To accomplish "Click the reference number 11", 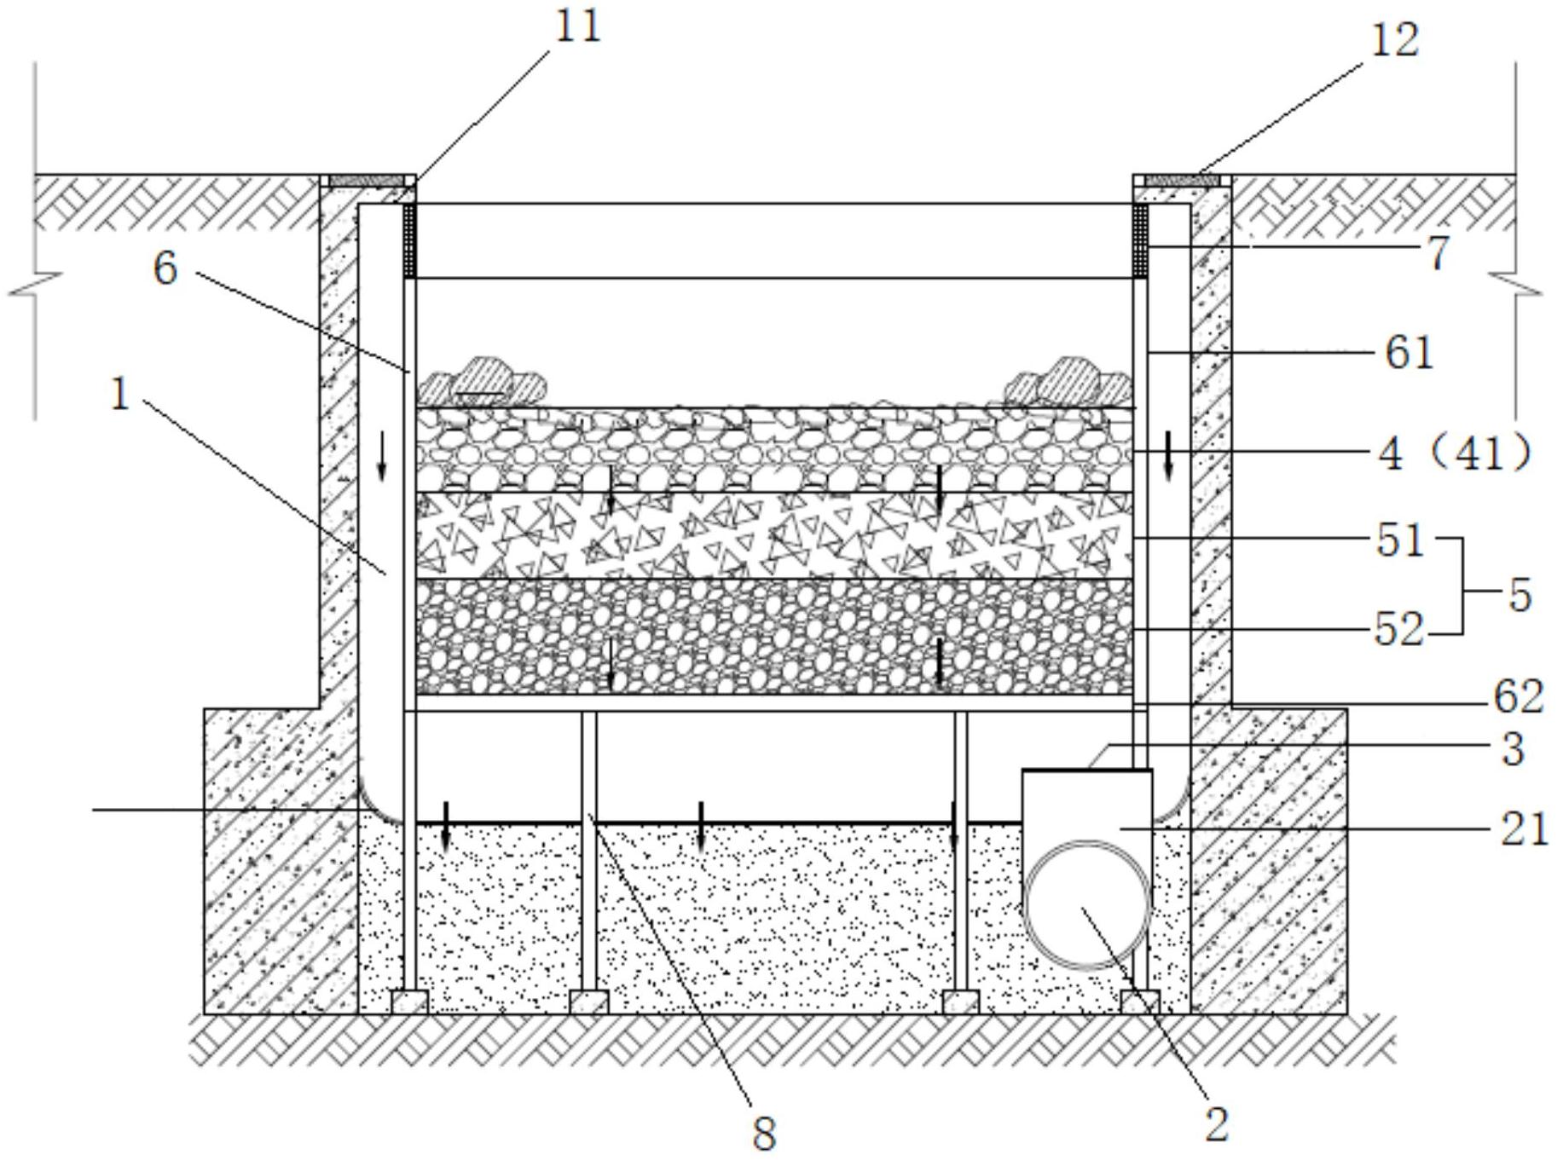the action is pos(578,26).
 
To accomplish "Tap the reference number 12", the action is pos(1395,40).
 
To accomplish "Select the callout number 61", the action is pos(1409,352).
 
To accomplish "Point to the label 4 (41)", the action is pos(1455,453).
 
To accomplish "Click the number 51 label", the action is pos(1399,540).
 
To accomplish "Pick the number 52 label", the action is pos(1399,631).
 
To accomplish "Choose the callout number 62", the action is pos(1518,697).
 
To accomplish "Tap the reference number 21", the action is pos(1524,828).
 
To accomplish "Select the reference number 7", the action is pos(1438,253).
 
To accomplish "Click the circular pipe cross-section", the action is pos(1087,904).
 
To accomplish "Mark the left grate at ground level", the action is pos(367,181).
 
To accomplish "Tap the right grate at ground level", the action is pos(1182,181).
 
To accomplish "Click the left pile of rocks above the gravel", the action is pos(482,383).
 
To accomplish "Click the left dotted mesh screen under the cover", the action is pos(409,240).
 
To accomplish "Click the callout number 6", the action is pos(165,268).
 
